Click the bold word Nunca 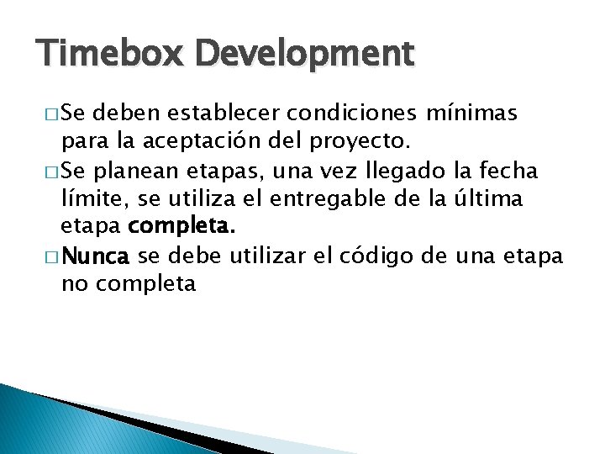point(96,255)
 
